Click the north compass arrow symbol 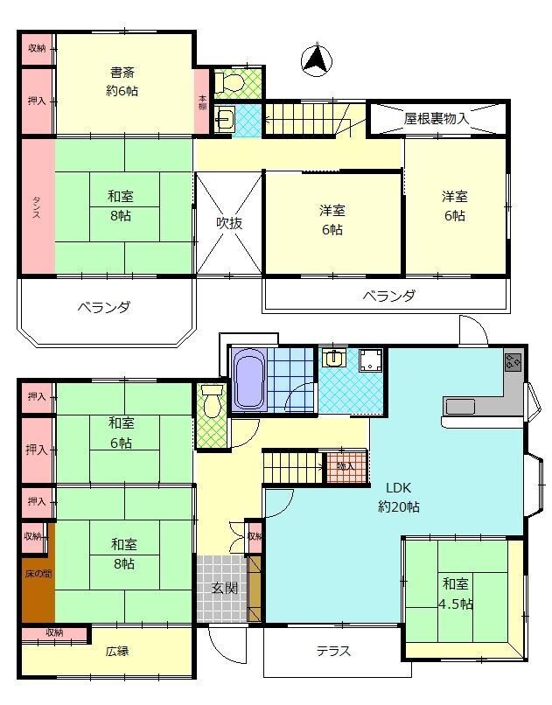(316, 59)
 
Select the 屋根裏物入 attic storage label (437, 118)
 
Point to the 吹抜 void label (228, 223)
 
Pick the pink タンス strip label (37, 207)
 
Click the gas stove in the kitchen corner (513, 361)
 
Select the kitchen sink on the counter (460, 406)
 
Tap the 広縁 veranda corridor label (117, 652)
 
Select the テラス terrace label (333, 652)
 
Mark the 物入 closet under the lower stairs (346, 466)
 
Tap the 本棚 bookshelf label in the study (202, 101)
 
